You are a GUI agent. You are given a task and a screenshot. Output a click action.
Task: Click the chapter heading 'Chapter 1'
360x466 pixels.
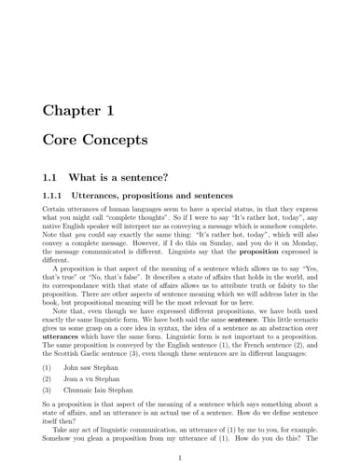(79, 111)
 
